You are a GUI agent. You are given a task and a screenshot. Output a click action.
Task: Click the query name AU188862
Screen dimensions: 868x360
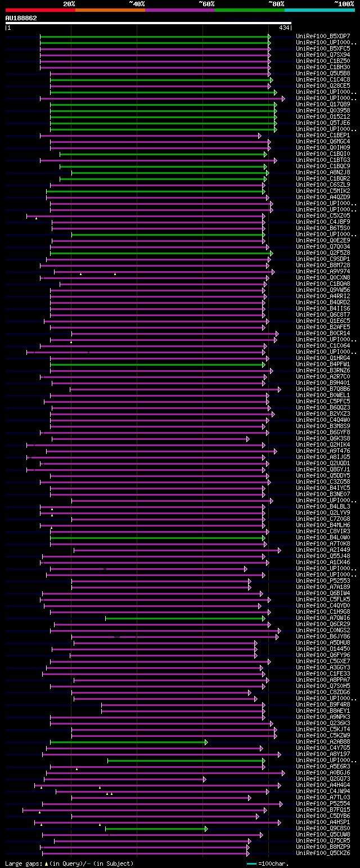point(21,18)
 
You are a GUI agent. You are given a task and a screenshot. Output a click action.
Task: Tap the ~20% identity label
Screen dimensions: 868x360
point(69,3)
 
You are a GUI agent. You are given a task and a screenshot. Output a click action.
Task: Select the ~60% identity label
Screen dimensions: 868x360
point(206,3)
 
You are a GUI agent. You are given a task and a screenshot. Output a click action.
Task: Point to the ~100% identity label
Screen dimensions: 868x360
point(344,3)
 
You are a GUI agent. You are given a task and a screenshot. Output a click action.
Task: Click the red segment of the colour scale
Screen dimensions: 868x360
point(39,10)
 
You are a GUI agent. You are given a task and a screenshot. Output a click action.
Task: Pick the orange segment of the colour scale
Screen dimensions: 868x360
point(110,10)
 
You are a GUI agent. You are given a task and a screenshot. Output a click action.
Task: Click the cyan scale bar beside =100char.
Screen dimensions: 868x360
point(251,863)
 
